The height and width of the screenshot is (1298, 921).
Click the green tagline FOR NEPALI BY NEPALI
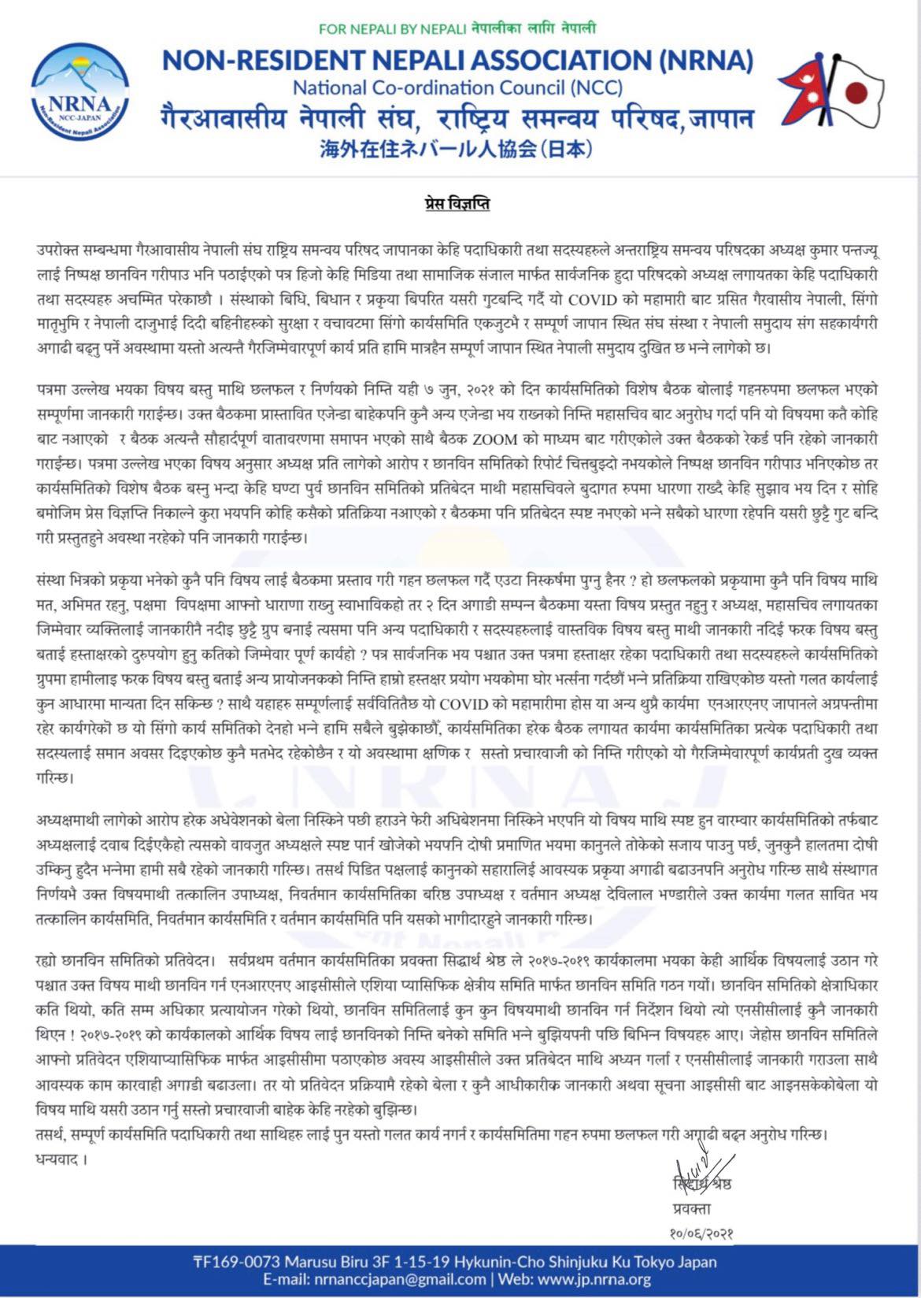[x=393, y=29]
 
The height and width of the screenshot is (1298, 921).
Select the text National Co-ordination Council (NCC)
[x=457, y=87]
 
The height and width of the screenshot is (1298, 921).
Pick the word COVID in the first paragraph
[x=597, y=300]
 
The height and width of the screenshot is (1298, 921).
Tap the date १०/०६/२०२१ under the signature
[x=696, y=1234]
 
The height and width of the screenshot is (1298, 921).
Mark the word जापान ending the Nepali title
[x=722, y=119]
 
